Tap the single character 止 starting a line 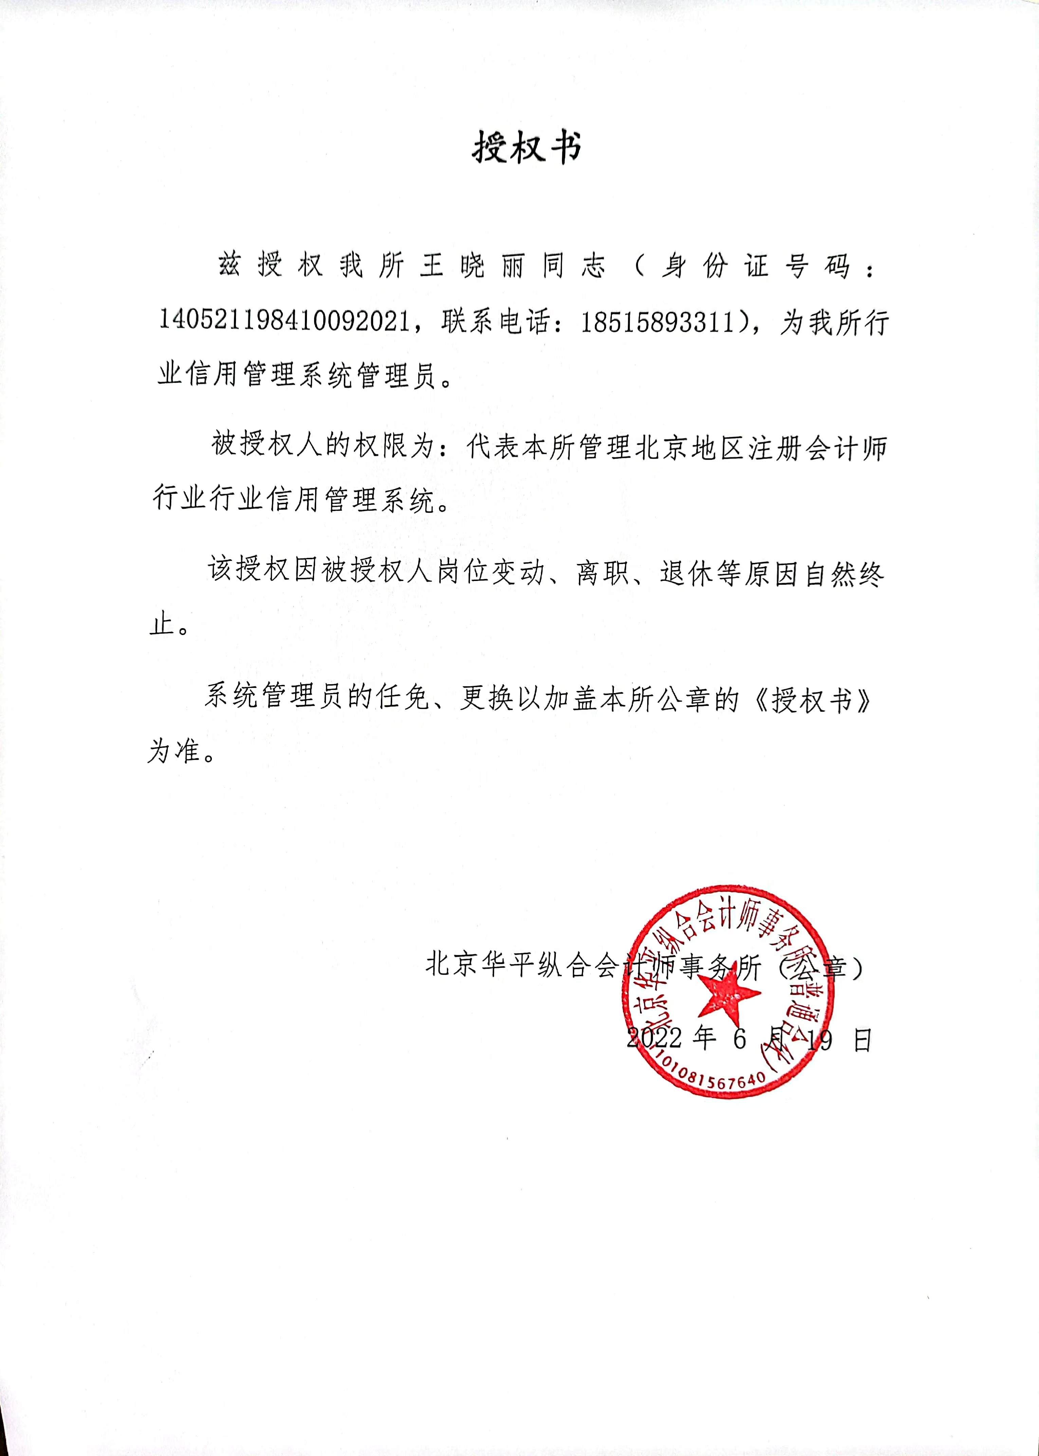click(x=163, y=624)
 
